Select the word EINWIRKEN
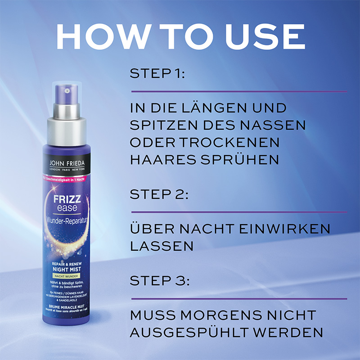pos(283,229)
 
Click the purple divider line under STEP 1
pos(238,91)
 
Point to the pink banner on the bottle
pos(67,179)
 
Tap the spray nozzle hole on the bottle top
pos(67,91)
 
